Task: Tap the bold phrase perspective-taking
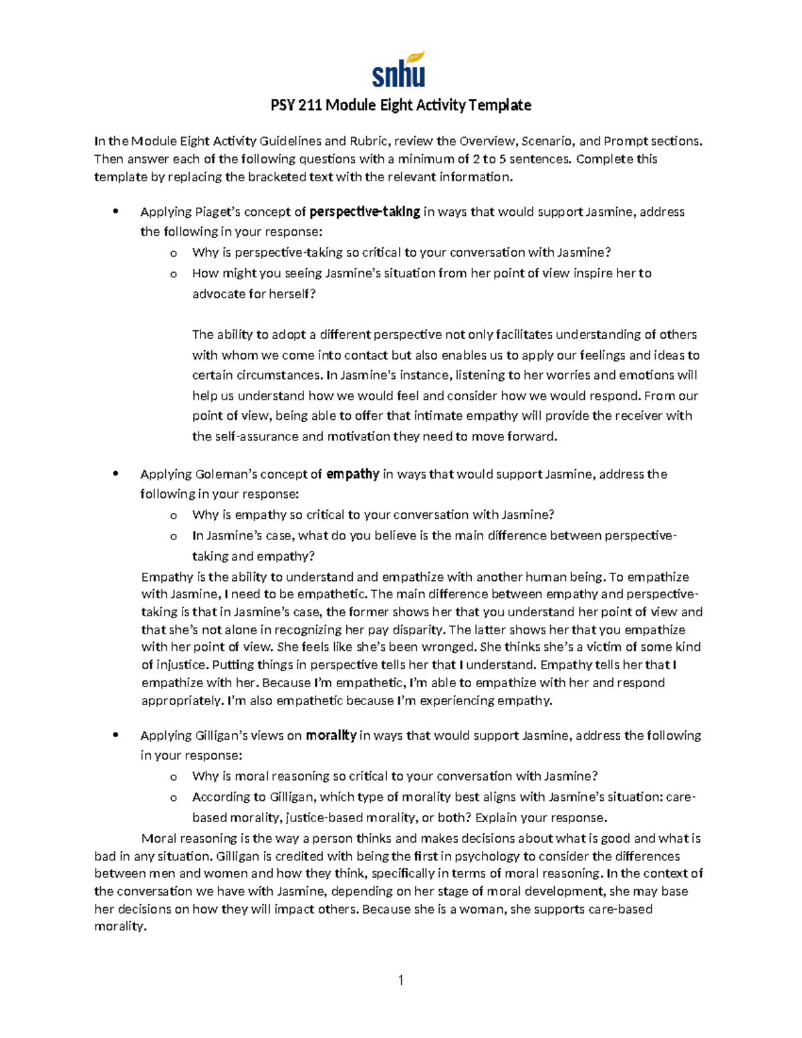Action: [x=365, y=212]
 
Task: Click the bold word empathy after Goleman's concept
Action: [x=353, y=474]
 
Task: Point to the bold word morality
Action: [x=331, y=735]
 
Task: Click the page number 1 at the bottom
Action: [x=401, y=981]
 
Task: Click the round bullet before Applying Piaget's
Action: [x=116, y=212]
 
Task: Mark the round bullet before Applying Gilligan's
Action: [x=116, y=735]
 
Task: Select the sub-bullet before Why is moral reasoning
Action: [x=174, y=777]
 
